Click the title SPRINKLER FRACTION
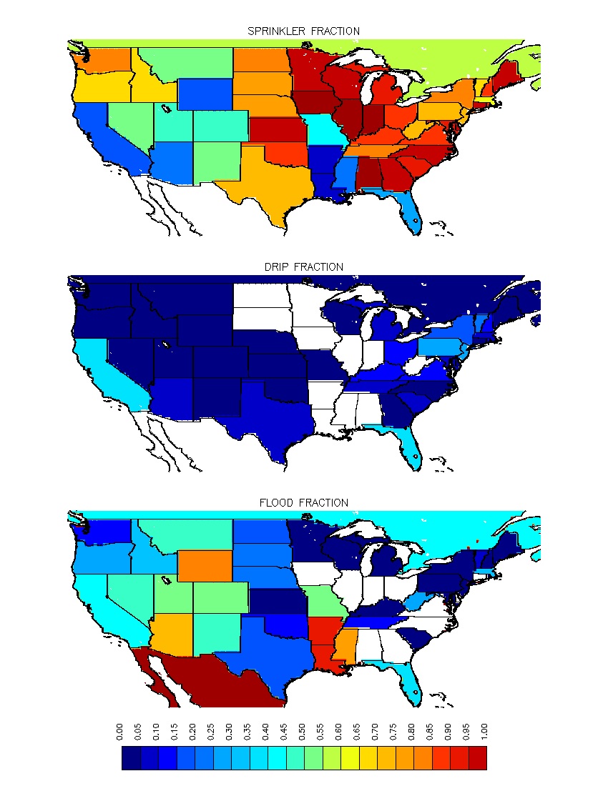coord(303,31)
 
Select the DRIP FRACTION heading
coord(303,267)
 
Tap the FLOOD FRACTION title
coord(303,503)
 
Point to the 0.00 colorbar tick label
coord(121,732)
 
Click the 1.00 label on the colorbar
coord(485,732)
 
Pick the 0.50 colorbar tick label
coord(303,732)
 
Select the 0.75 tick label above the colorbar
coord(394,732)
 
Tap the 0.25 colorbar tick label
coord(212,732)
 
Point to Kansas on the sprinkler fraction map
coord(275,129)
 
